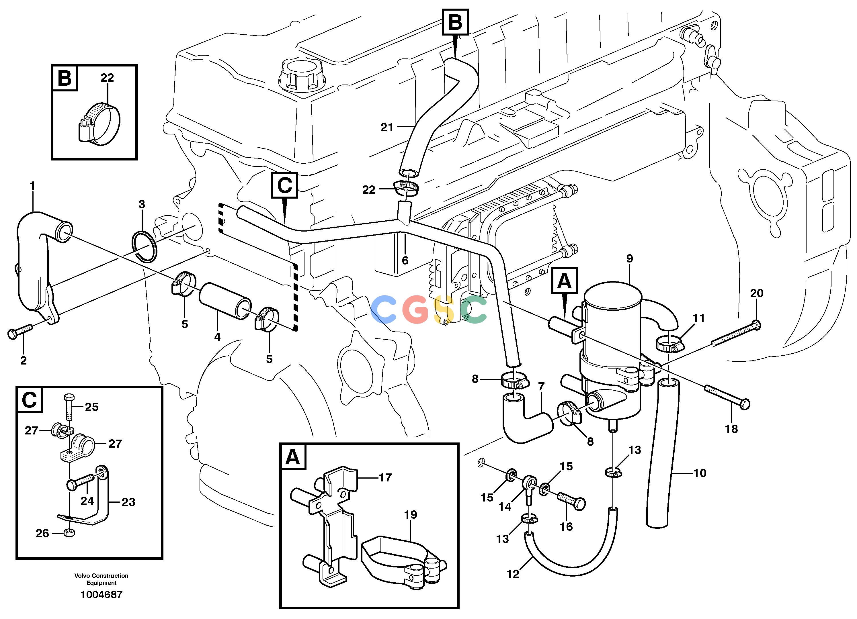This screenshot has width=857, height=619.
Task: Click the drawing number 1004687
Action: (101, 594)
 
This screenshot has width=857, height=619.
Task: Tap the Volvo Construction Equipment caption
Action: (101, 579)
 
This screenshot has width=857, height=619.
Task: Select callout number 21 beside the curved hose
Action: (387, 127)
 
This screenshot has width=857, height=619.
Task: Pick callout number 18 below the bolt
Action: (731, 429)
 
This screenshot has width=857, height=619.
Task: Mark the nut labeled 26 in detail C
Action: (69, 533)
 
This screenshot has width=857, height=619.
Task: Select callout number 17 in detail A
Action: (385, 477)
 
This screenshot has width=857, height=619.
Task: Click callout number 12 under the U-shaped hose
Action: (513, 574)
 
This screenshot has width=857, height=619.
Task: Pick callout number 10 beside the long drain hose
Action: (700, 473)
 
